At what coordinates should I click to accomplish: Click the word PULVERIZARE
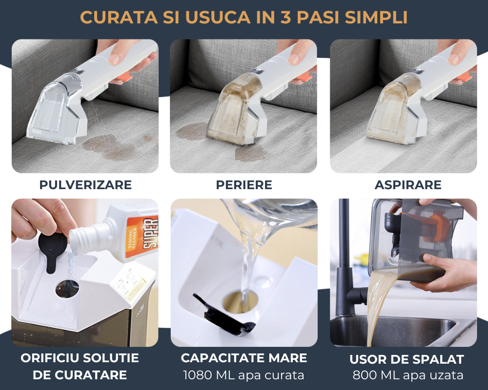(x=85, y=185)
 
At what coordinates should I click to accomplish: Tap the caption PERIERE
(x=244, y=185)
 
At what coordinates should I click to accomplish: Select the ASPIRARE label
(x=408, y=185)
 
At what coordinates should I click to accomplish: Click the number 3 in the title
(x=285, y=17)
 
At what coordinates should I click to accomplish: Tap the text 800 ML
(x=375, y=375)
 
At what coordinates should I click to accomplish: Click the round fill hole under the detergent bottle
(x=67, y=289)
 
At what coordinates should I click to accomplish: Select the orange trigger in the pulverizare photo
(x=125, y=78)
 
